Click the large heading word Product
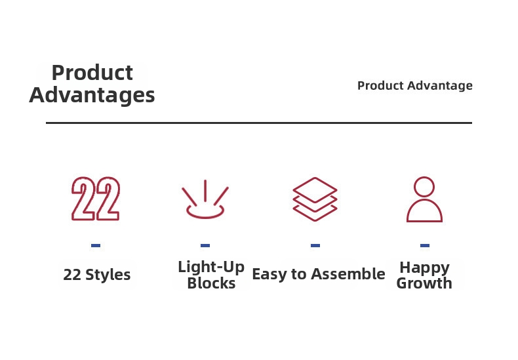click(x=92, y=73)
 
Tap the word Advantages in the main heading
click(x=92, y=96)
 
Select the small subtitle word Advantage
click(x=440, y=86)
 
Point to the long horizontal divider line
click(x=259, y=123)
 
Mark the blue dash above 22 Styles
click(x=96, y=245)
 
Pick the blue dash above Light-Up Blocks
click(x=205, y=245)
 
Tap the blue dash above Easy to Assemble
click(x=315, y=245)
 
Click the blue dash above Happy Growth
click(x=425, y=245)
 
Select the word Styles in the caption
click(x=108, y=275)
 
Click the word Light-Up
click(x=211, y=267)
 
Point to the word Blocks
click(x=211, y=283)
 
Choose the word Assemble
click(x=348, y=274)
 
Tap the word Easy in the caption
click(x=269, y=275)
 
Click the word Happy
click(x=424, y=268)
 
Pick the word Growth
click(x=424, y=283)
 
